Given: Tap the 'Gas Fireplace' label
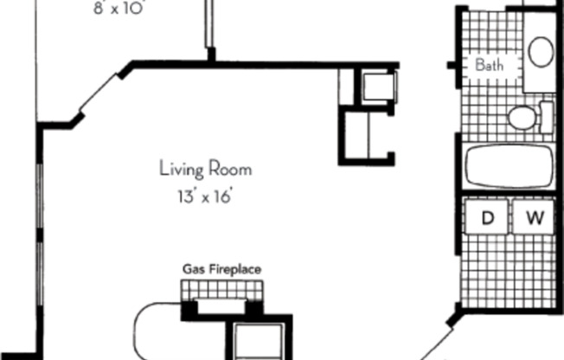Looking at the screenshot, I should coord(221,269).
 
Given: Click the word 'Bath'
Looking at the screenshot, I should coord(490,64).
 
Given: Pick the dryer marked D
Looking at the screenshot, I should coord(487,220).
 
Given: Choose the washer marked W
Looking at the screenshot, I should coord(535,220).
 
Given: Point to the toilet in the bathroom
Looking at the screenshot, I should coord(524,117).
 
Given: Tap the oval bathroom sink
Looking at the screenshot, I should coord(542,52).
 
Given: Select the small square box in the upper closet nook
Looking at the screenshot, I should coord(378,87).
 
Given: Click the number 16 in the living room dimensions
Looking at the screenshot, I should coord(224,196).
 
